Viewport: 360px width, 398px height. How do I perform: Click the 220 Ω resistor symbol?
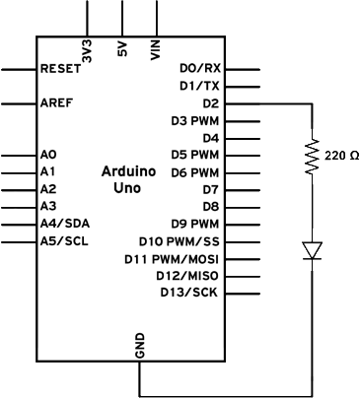click(312, 156)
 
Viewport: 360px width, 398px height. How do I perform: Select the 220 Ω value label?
click(341, 156)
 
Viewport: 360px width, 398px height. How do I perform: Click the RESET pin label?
click(60, 69)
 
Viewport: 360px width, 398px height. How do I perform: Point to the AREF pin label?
click(56, 103)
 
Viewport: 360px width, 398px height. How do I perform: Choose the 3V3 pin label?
click(87, 51)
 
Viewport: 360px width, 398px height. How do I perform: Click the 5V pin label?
click(122, 49)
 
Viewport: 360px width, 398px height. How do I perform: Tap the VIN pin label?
click(155, 50)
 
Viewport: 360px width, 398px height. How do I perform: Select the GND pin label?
click(140, 346)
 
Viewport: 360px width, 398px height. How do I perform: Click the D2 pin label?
click(211, 103)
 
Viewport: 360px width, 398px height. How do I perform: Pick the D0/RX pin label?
click(200, 68)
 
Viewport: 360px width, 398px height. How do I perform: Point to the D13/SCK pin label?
click(189, 292)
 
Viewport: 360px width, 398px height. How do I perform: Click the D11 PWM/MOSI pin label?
click(172, 259)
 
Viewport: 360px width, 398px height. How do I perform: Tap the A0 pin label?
click(48, 155)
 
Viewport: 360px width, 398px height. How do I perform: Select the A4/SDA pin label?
click(65, 224)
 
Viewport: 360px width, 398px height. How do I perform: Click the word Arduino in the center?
click(128, 171)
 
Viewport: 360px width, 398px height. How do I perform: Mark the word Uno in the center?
click(127, 188)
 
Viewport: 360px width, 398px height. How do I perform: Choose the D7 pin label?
click(211, 190)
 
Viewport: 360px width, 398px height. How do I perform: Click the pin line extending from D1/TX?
click(243, 87)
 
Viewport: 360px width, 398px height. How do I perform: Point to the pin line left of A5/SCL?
click(19, 242)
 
